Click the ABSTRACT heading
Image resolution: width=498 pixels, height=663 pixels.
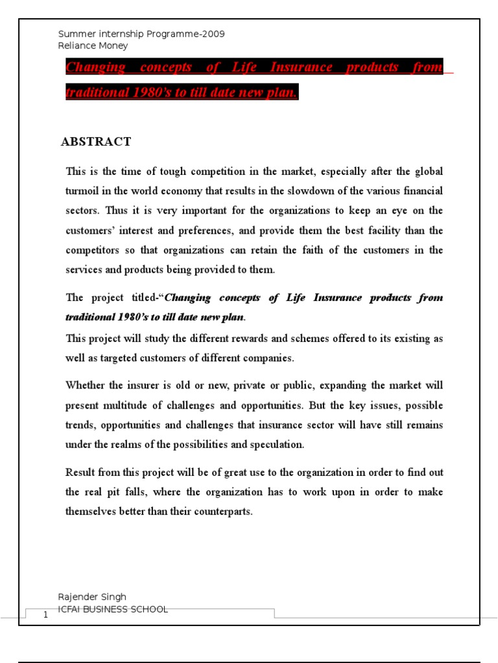point(96,142)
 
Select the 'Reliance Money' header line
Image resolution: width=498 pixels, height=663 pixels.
point(93,46)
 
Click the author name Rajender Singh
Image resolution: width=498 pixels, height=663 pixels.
point(92,597)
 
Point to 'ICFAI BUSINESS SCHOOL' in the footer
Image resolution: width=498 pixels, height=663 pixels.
point(113,609)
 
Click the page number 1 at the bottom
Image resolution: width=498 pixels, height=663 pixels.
point(45,615)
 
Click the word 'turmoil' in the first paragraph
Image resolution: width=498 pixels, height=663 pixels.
point(83,191)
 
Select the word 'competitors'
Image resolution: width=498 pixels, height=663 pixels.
point(91,250)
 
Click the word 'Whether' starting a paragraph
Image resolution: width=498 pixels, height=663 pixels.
point(86,385)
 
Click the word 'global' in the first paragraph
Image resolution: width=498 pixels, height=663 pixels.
point(429,172)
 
